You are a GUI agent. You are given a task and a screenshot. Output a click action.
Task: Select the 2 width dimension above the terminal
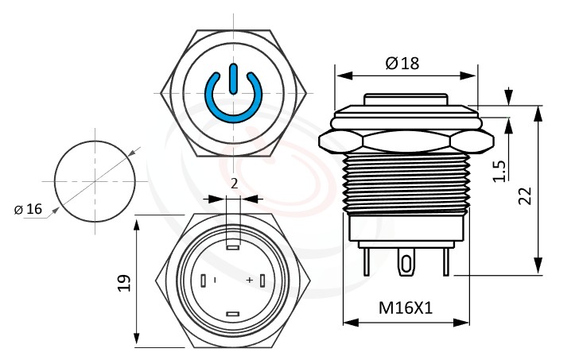coord(233,184)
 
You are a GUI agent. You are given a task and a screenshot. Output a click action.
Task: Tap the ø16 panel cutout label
coord(28,209)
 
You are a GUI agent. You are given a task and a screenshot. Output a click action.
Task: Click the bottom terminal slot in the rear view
coord(233,315)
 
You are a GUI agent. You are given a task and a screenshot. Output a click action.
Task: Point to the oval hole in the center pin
coord(406,262)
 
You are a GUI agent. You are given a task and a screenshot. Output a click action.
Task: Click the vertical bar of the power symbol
coord(232,79)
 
